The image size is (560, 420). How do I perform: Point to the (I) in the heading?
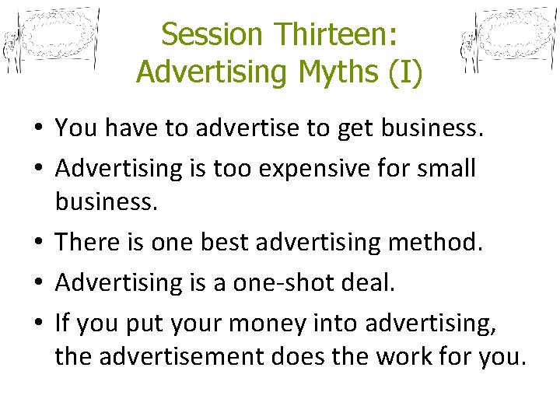(405, 71)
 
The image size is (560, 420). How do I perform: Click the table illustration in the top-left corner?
(51, 40)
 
